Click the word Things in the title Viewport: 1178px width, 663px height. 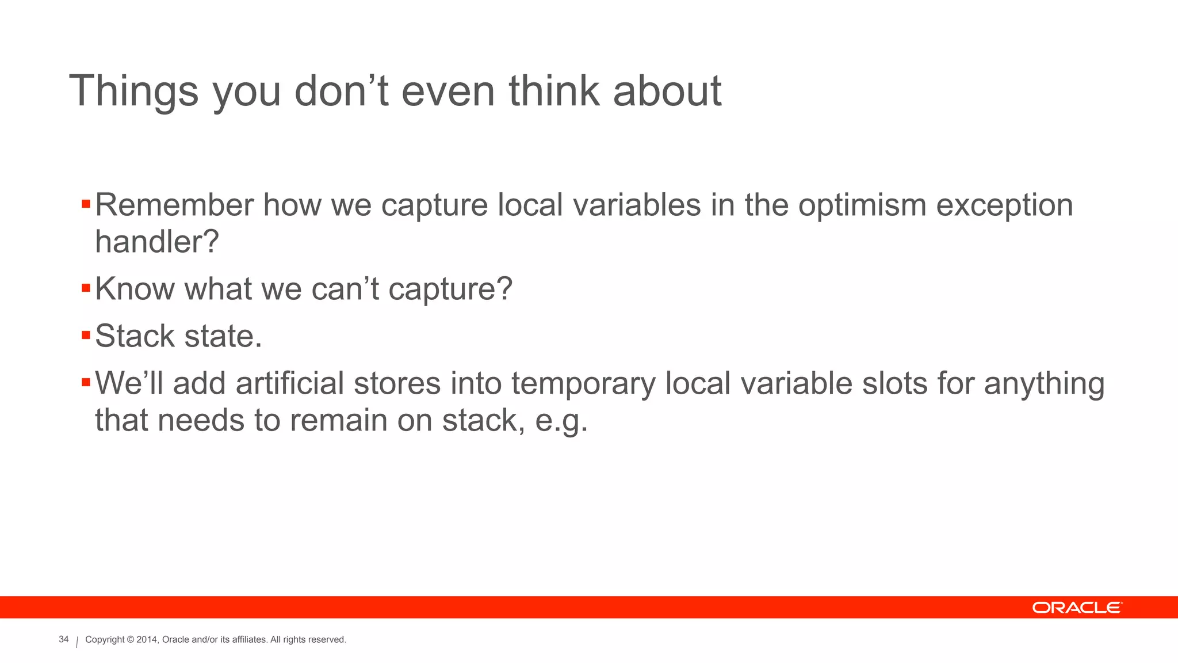pos(133,91)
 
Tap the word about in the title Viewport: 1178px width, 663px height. pos(667,91)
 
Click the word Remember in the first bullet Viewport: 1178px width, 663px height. pos(174,205)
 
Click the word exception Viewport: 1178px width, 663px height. pos(1004,206)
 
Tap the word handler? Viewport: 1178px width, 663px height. pos(157,241)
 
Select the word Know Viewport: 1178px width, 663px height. pos(135,288)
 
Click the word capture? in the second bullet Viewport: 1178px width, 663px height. pos(450,289)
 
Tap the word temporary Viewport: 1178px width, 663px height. pos(583,384)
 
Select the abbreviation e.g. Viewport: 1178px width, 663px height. pos(561,421)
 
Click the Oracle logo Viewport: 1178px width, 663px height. pos(1077,608)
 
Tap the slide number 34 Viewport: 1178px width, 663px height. pos(64,639)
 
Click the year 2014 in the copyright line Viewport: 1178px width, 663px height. pos(146,639)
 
